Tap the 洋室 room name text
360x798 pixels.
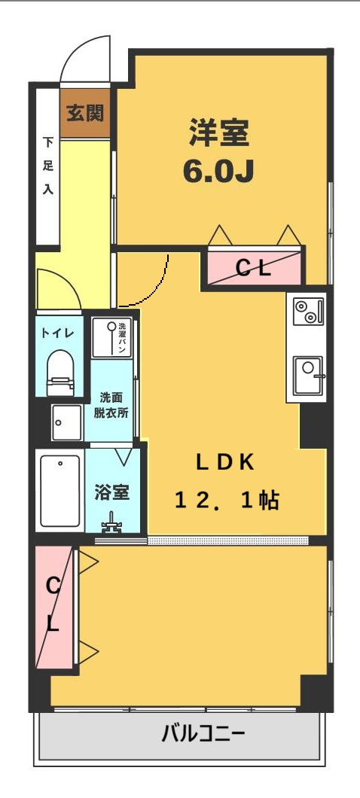(x=218, y=135)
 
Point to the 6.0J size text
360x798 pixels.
(x=218, y=171)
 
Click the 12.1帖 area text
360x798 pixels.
(x=227, y=500)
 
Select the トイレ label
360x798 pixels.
(x=58, y=332)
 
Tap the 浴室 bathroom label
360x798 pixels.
(x=112, y=492)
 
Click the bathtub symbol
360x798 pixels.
(x=60, y=491)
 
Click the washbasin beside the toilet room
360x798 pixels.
(x=67, y=422)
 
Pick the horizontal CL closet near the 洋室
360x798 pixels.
(x=254, y=267)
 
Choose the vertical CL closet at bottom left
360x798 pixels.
(x=54, y=606)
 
